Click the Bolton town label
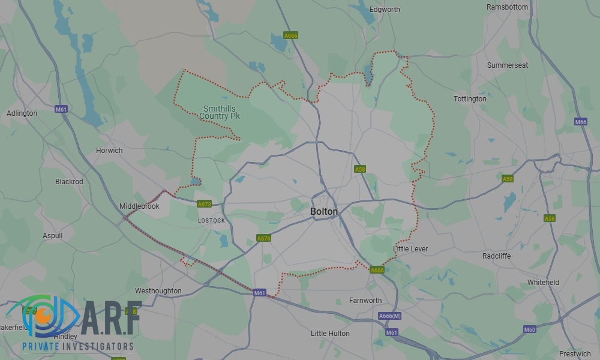click(324, 212)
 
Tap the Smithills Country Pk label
click(220, 112)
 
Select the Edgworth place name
click(385, 10)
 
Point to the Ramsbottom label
click(508, 7)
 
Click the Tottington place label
click(470, 99)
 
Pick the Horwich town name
click(109, 151)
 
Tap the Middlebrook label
click(139, 206)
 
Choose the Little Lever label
click(410, 249)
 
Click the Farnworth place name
click(365, 301)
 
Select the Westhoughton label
click(158, 291)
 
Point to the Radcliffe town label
click(496, 256)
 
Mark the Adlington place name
click(22, 113)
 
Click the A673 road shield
click(205, 205)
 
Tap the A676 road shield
click(264, 238)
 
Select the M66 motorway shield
click(580, 122)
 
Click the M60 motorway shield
click(529, 329)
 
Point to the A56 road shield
click(550, 218)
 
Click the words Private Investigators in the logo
click(77, 346)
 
